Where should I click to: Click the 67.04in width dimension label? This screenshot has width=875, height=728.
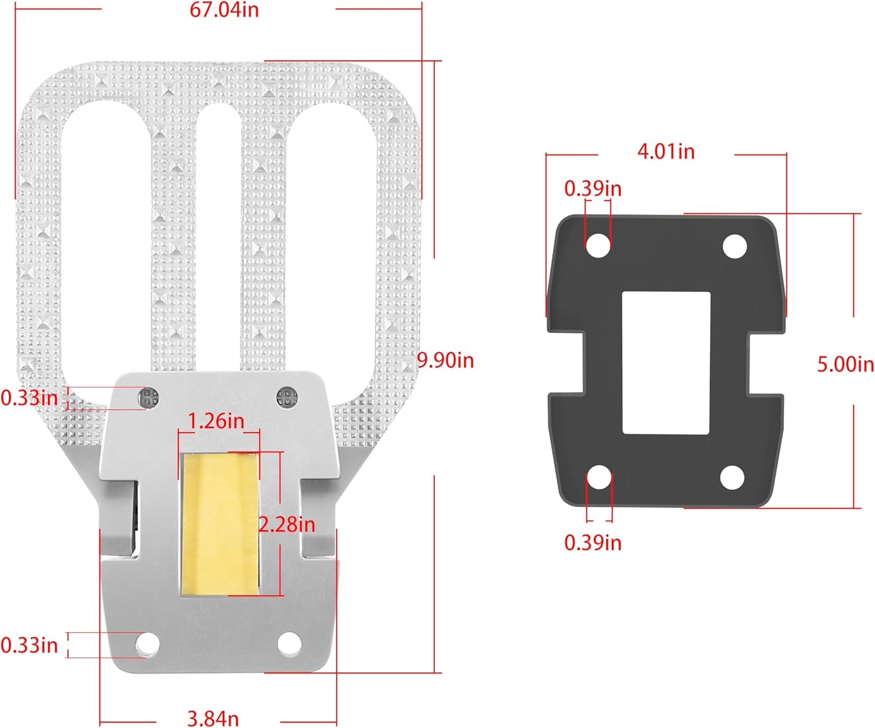pos(224,10)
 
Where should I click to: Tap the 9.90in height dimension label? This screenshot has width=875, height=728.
pos(446,360)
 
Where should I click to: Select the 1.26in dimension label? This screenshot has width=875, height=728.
pos(216,421)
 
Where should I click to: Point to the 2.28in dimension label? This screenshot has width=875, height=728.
pos(287,524)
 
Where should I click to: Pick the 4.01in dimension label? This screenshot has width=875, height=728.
pos(666,151)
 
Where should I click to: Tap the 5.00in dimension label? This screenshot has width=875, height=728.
pos(846,364)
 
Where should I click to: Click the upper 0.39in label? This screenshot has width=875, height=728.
pos(593,188)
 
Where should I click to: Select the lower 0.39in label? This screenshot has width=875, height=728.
pos(593,542)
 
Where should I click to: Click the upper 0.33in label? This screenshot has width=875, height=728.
pos(29,398)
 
